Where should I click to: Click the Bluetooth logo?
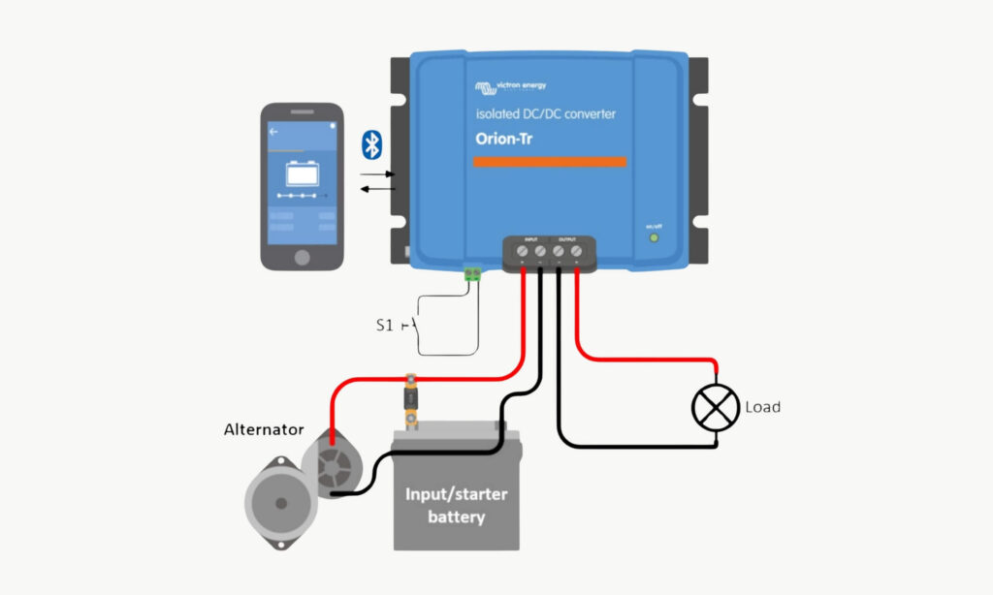pos(370,144)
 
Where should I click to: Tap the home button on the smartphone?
pos(302,257)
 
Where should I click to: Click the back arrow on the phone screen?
pos(273,131)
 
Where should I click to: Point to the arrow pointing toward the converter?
pos(378,174)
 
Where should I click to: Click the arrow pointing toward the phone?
pos(377,188)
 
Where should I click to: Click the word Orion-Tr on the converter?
pos(503,139)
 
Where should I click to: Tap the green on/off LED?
pos(654,236)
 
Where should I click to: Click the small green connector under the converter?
pos(473,274)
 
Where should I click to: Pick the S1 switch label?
pos(385,326)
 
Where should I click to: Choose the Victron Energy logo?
pos(510,87)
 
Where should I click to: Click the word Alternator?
pos(264,429)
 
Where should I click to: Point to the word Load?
pos(762,407)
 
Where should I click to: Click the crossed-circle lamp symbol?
pos(716,408)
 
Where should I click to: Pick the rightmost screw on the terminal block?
pos(577,252)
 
